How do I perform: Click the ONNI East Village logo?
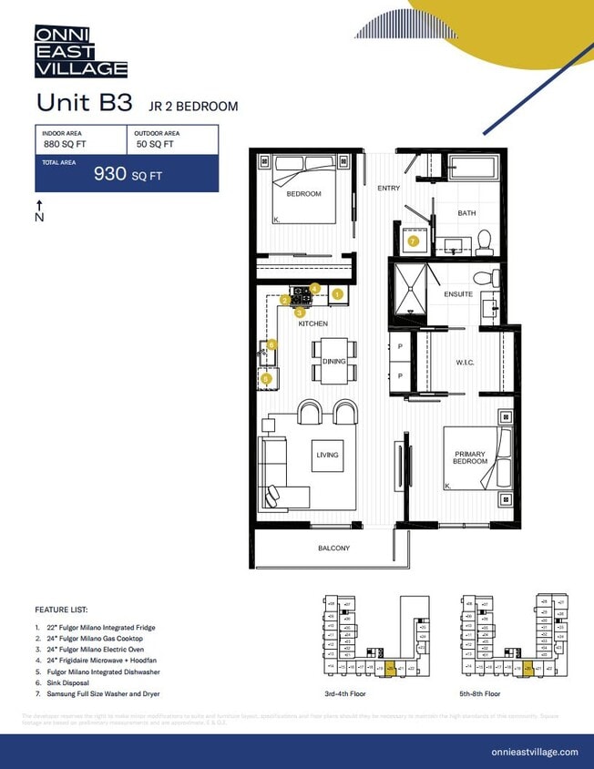click(80, 51)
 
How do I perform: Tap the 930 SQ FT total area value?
click(128, 175)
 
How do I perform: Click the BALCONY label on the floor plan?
click(333, 548)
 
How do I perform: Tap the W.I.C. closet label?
click(466, 363)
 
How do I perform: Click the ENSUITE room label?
click(457, 294)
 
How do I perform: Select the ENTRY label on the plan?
click(389, 188)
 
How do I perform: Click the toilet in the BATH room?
click(484, 241)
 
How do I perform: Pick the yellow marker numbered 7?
click(413, 241)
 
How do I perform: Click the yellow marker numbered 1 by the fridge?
click(337, 294)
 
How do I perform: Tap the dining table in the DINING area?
click(333, 362)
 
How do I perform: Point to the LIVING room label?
click(327, 455)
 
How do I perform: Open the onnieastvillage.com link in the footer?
click(534, 752)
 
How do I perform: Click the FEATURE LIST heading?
click(61, 609)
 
